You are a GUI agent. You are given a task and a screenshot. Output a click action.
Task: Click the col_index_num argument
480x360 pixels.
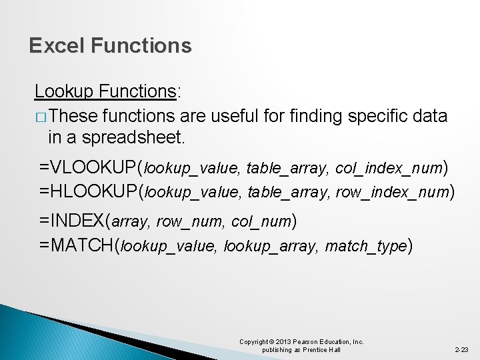(x=389, y=167)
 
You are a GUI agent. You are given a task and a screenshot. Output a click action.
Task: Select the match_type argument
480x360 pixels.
(x=365, y=247)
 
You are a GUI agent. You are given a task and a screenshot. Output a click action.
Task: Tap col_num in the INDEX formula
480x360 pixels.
(x=261, y=221)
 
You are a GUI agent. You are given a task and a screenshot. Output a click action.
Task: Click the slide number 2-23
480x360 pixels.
(x=461, y=349)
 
